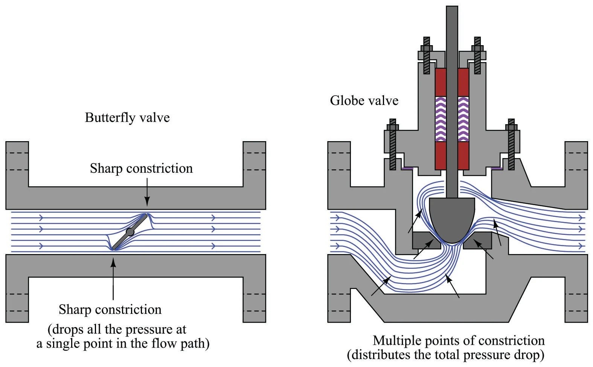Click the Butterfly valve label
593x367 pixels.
click(127, 117)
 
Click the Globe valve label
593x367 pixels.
click(364, 101)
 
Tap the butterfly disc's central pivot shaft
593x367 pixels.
click(130, 232)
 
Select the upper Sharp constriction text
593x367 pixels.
click(141, 168)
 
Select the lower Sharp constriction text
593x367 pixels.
click(110, 309)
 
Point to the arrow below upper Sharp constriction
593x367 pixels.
click(147, 192)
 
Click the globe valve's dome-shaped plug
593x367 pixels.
click(452, 218)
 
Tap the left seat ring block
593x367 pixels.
click(427, 241)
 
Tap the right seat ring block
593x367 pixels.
click(477, 241)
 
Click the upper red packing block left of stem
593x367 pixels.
click(440, 82)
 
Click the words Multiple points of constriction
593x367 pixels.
click(459, 340)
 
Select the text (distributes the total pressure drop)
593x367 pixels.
click(446, 355)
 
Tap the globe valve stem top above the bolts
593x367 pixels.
click(452, 23)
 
